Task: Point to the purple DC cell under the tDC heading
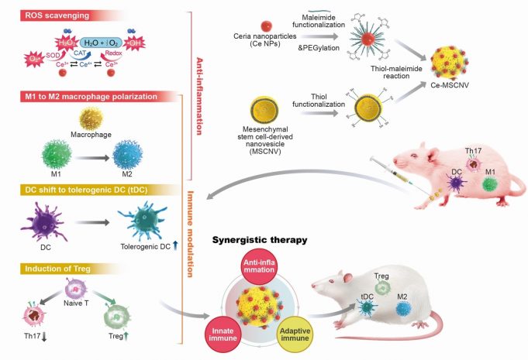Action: pos(40,217)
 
